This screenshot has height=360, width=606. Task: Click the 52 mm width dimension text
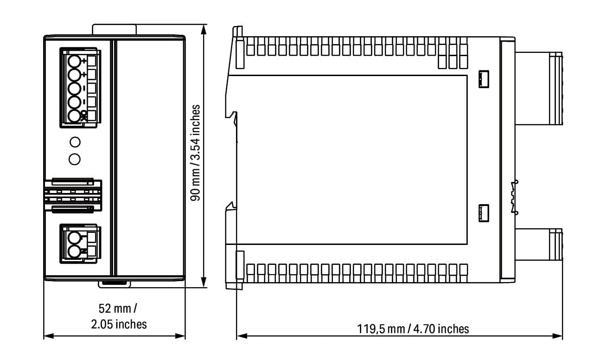pyautogui.click(x=118, y=309)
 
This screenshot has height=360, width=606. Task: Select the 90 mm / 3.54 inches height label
pyautogui.click(x=195, y=153)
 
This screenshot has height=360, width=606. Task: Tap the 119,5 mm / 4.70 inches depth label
pyautogui.click(x=413, y=329)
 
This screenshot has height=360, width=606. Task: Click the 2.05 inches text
pyautogui.click(x=119, y=324)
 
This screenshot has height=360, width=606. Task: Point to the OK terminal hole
pyautogui.click(x=74, y=116)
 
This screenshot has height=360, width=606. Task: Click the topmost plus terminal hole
pyautogui.click(x=74, y=61)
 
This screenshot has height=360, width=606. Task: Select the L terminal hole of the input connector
pyautogui.click(x=74, y=238)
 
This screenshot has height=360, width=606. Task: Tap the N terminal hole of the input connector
pyautogui.click(x=74, y=251)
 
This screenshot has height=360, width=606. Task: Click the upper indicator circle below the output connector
pyautogui.click(x=75, y=142)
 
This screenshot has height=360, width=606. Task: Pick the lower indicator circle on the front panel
pyautogui.click(x=75, y=159)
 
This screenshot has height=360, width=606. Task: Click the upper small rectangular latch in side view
pyautogui.click(x=484, y=79)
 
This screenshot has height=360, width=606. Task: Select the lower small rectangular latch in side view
pyautogui.click(x=484, y=213)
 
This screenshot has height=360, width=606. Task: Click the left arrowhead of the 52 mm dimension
pyautogui.click(x=49, y=336)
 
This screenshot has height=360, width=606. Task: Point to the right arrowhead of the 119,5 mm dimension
pyautogui.click(x=557, y=336)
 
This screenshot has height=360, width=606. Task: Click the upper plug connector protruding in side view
pyautogui.click(x=539, y=89)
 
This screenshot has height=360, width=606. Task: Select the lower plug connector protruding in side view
pyautogui.click(x=539, y=244)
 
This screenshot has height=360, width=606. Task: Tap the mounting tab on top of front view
pyautogui.click(x=114, y=30)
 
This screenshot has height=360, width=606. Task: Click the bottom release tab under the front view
pyautogui.click(x=114, y=284)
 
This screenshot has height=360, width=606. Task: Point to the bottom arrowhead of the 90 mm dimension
pyautogui.click(x=204, y=283)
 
